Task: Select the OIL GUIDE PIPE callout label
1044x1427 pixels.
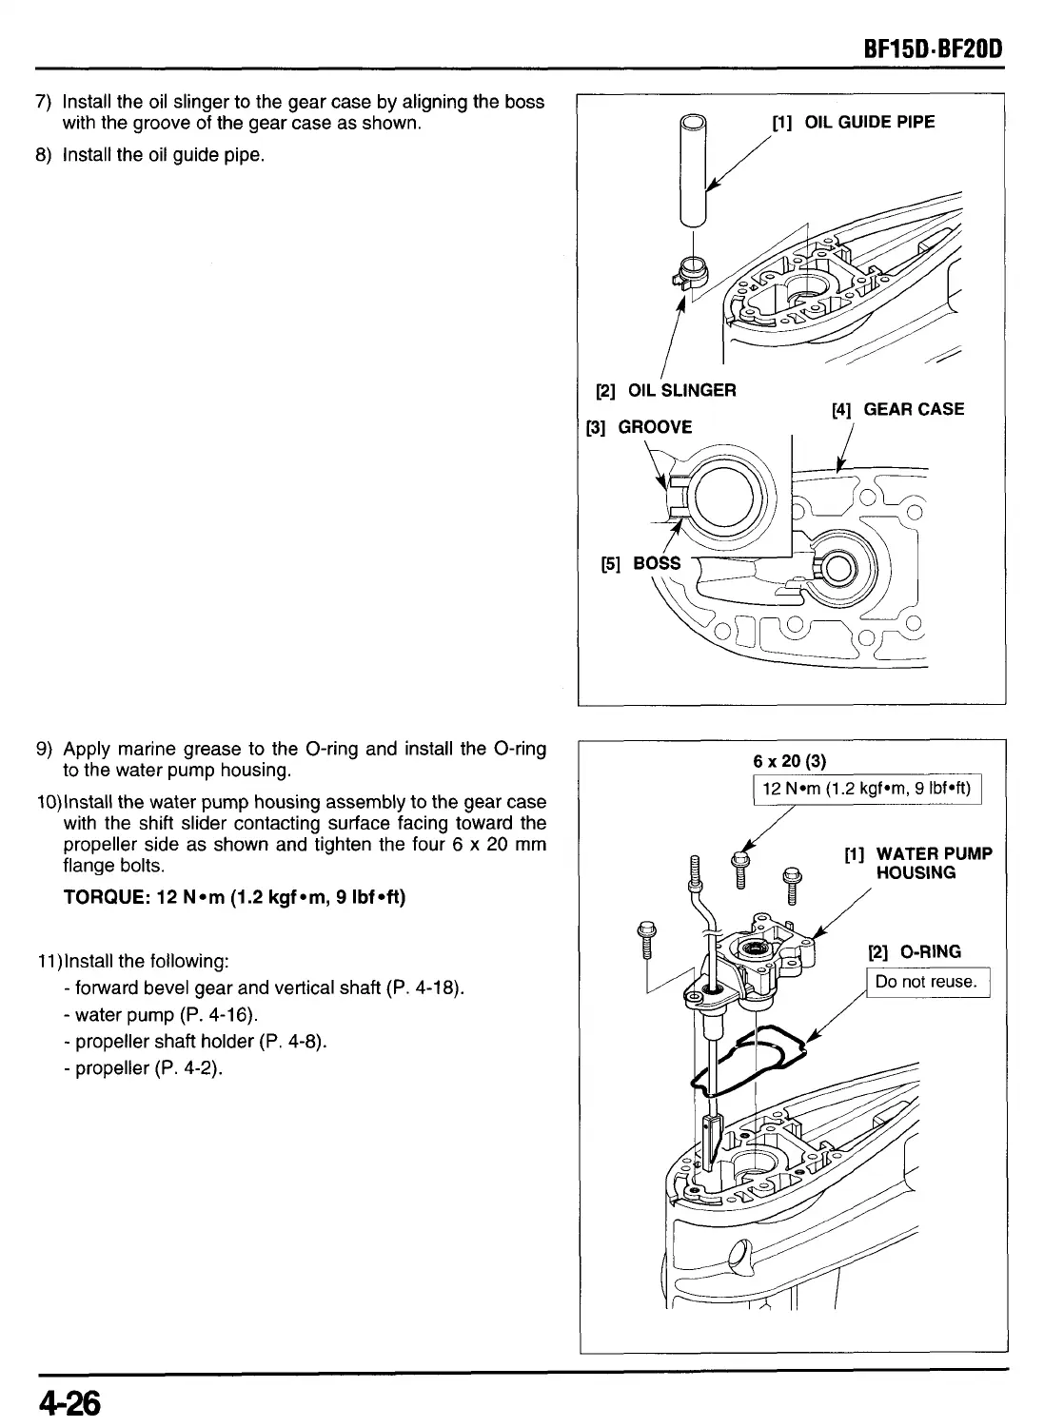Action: click(853, 122)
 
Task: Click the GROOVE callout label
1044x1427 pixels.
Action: click(639, 427)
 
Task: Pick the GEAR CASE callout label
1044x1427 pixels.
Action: click(897, 409)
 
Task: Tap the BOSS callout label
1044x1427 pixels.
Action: click(640, 563)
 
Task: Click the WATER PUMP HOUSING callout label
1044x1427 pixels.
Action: click(918, 863)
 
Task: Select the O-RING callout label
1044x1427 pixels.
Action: click(915, 951)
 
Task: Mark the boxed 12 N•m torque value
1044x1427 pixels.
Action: click(866, 789)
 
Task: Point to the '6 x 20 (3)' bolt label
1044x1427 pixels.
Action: click(790, 761)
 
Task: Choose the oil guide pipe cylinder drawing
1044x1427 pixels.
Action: click(695, 171)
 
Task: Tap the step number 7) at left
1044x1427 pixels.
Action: click(43, 102)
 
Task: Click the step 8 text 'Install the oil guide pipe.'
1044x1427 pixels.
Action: click(163, 154)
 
